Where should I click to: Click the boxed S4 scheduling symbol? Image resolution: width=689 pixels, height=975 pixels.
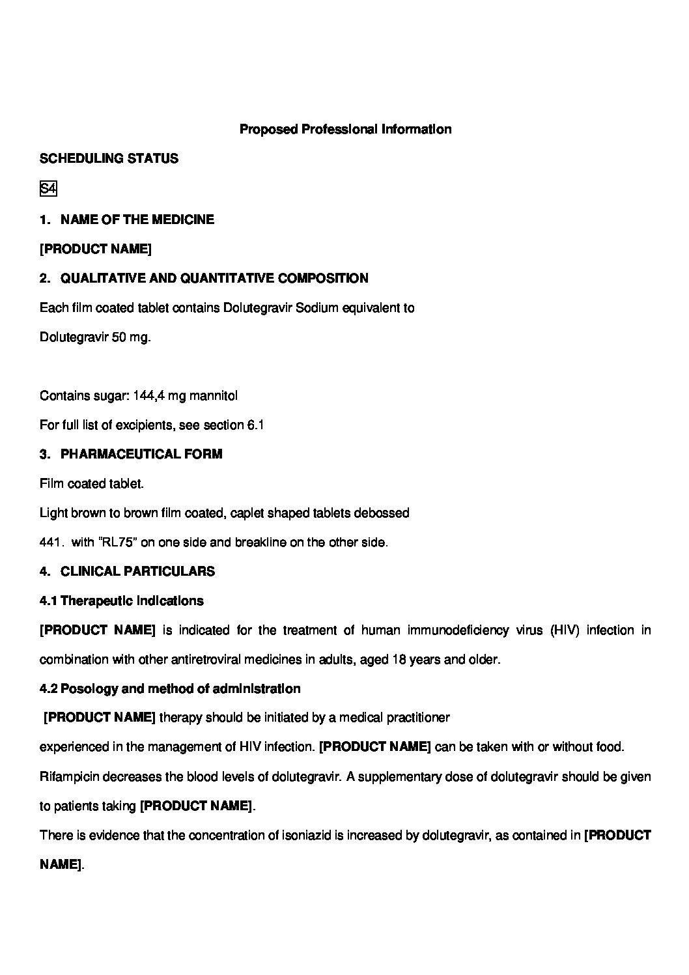(48, 189)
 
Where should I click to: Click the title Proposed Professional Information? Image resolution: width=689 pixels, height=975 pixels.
(345, 129)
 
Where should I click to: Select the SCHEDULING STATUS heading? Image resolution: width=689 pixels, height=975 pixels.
(109, 158)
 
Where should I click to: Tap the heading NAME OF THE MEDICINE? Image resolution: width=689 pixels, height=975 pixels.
(137, 219)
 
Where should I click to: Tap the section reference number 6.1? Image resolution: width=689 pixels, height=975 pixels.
(255, 425)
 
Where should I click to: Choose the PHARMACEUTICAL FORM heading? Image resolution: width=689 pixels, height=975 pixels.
(141, 454)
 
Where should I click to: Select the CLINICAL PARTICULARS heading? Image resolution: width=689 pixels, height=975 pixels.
(137, 571)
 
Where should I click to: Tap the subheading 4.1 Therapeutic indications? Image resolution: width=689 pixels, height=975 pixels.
(121, 601)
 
